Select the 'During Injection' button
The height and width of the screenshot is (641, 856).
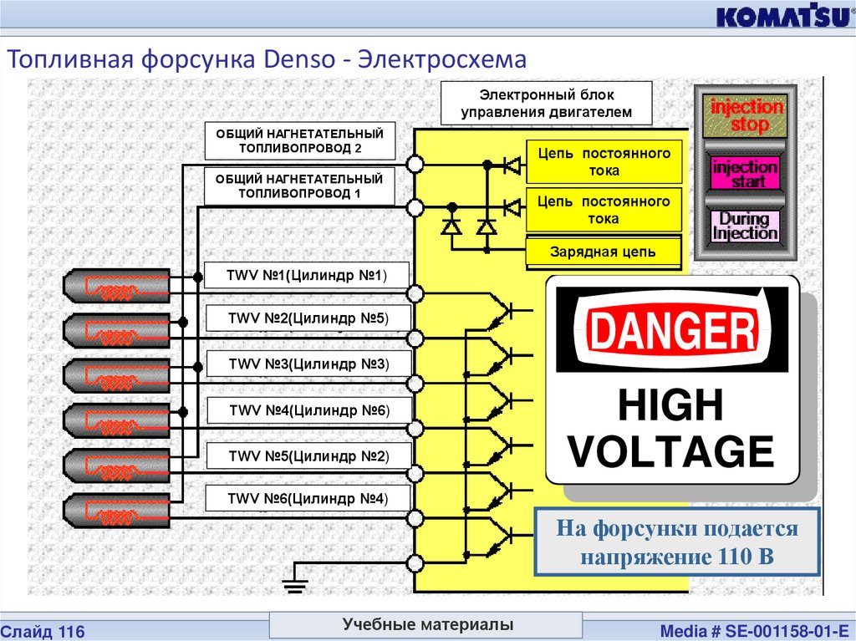coord(744,226)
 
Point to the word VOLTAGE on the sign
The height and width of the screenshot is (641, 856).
coord(671,451)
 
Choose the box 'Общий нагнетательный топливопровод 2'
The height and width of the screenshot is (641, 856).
coord(299,140)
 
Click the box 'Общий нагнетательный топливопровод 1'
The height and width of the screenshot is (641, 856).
coord(299,186)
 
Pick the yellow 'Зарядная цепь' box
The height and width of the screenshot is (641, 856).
coord(603,252)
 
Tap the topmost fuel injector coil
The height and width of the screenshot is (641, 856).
coord(118,287)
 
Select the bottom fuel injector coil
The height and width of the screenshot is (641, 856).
coord(118,511)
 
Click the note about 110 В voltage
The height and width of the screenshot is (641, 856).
coord(677,541)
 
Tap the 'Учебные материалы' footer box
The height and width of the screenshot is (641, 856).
coord(426,624)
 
